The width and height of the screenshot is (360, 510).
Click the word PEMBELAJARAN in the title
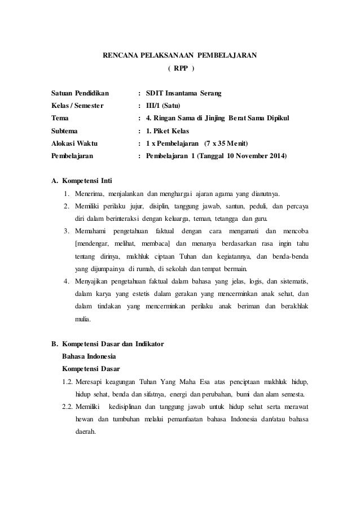(228, 55)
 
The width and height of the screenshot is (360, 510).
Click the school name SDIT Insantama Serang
(183, 92)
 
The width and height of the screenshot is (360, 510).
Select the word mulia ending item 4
(85, 319)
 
